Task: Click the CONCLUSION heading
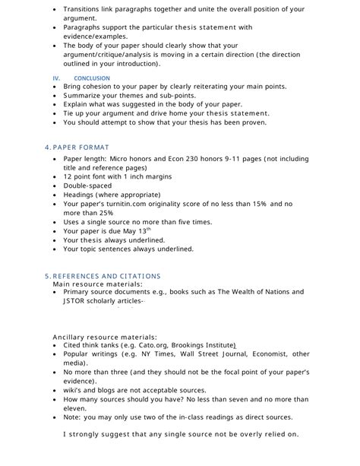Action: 92,78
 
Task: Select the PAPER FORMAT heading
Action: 80,147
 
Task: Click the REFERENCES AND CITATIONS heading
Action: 106,275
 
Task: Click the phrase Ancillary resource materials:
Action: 105,335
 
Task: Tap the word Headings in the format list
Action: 82,194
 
